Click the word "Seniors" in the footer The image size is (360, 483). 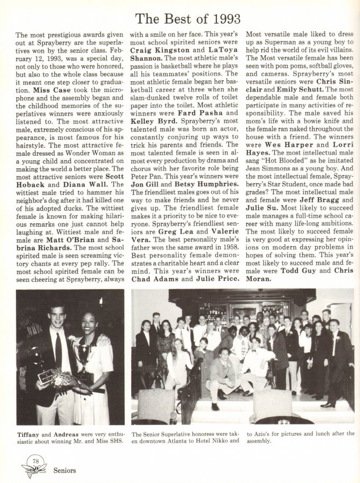click(64, 470)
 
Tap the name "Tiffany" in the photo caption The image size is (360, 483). click(28, 433)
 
